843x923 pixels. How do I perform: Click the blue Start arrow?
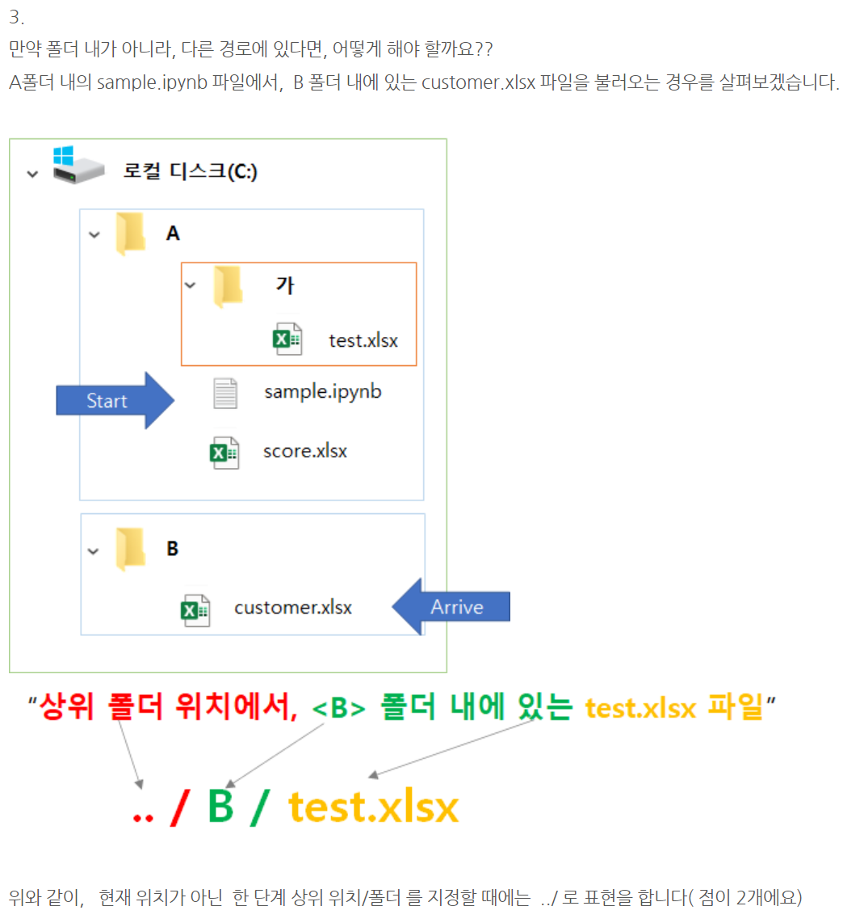pos(113,401)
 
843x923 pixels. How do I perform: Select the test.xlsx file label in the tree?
pos(363,340)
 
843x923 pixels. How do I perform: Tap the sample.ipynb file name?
pos(322,393)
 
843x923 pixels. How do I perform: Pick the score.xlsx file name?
pos(304,451)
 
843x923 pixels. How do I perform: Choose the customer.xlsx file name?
pos(293,607)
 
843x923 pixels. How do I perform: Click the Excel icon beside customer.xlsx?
pos(195,609)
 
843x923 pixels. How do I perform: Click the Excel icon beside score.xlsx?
pos(224,453)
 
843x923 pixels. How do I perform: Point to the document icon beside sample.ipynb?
pos(225,394)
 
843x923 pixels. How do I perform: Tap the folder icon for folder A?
pos(130,234)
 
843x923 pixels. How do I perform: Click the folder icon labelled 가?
pos(228,286)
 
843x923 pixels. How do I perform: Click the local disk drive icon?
pos(78,166)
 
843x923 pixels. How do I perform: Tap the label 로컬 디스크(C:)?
pos(190,171)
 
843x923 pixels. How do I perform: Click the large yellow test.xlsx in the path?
pos(373,807)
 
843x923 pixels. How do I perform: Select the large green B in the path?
pos(220,807)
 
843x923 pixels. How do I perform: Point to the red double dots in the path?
pos(143,815)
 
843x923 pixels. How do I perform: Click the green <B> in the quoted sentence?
pos(338,709)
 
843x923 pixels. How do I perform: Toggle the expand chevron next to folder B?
pos(94,551)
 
